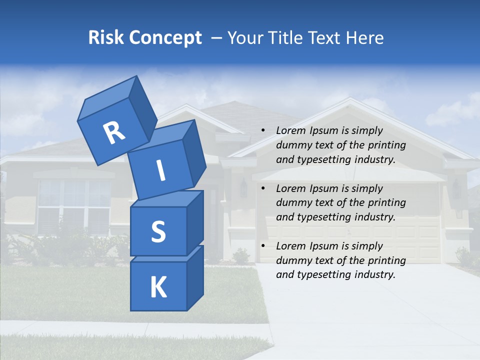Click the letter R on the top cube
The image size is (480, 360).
click(x=114, y=133)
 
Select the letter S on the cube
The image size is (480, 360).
click(x=158, y=231)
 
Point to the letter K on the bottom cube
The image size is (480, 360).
click(x=158, y=287)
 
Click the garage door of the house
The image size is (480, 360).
click(x=350, y=235)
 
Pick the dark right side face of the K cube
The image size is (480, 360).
click(x=195, y=277)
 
